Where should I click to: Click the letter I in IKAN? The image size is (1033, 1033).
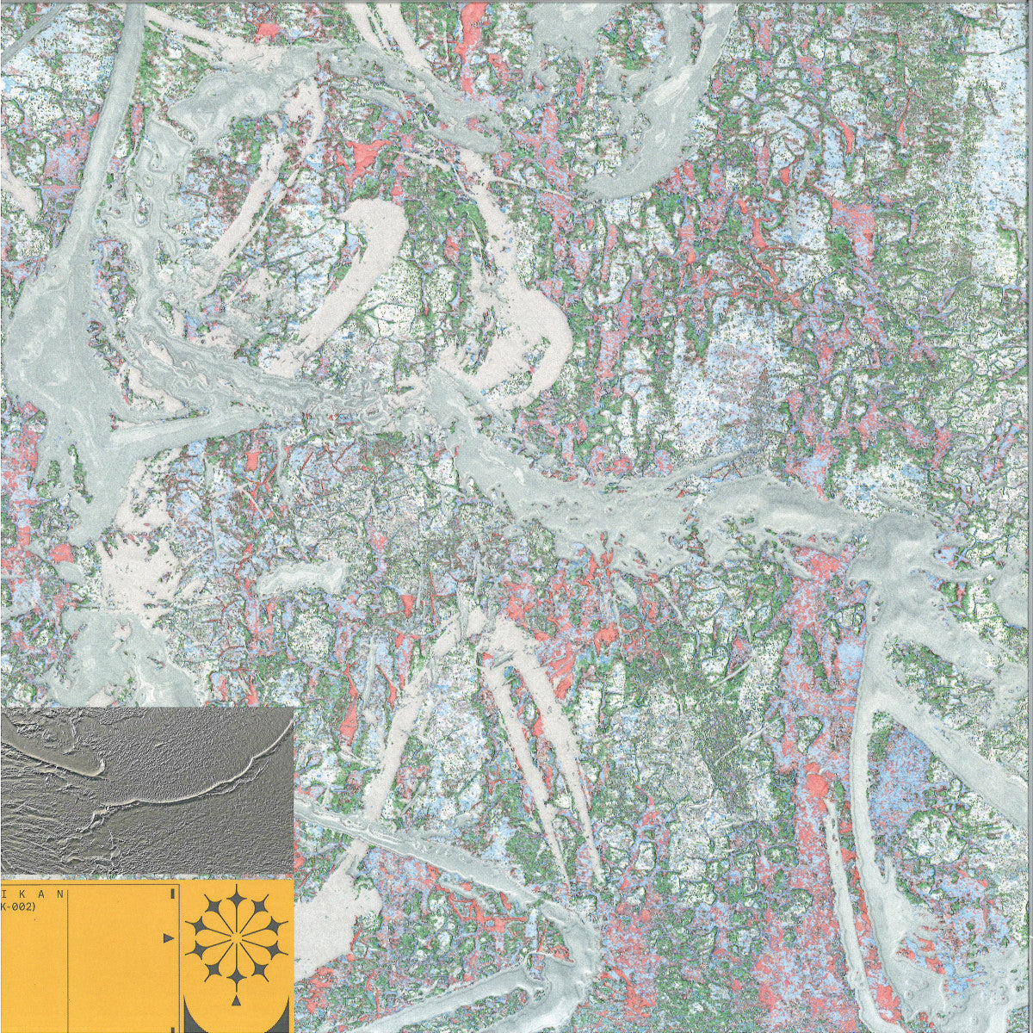tap(3, 894)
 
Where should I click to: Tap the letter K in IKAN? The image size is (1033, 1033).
tap(22, 894)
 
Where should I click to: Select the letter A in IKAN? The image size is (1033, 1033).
tap(40, 894)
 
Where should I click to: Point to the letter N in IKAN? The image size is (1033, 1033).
tap(59, 894)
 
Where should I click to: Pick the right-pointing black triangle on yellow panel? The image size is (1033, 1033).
tap(168, 937)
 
